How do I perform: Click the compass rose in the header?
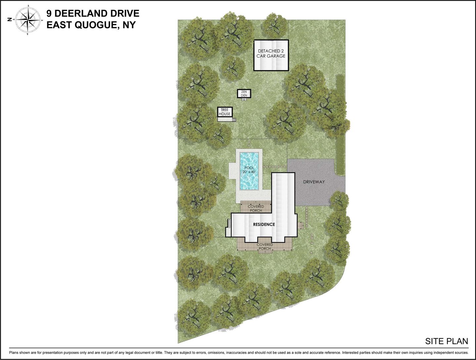(27, 20)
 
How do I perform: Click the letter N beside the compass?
(10, 20)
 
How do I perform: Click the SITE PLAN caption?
(446, 341)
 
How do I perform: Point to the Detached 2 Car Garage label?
(271, 54)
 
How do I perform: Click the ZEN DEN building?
(244, 94)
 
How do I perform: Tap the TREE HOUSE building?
(225, 112)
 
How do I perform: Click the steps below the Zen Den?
(244, 100)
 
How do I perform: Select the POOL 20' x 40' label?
(249, 170)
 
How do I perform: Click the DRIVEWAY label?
(314, 182)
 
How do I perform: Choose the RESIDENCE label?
(264, 224)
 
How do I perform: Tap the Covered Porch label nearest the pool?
(256, 208)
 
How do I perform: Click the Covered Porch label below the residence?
(265, 247)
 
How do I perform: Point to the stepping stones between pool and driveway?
(274, 167)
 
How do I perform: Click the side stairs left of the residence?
(228, 223)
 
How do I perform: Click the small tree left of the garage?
(233, 68)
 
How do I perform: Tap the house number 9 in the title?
(49, 14)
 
